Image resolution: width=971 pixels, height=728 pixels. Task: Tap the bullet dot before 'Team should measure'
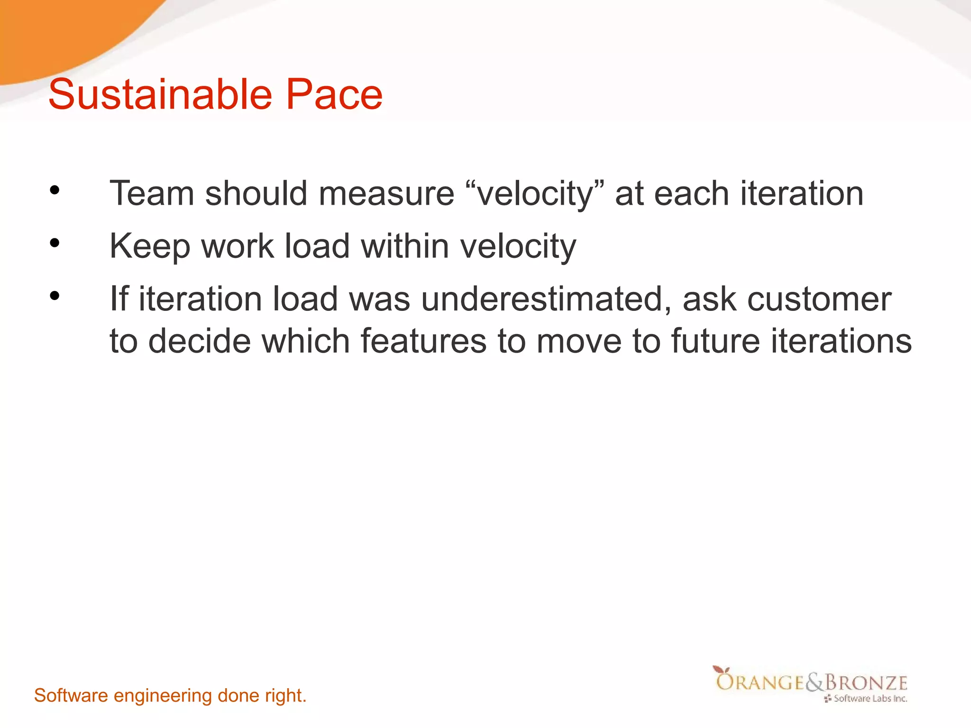55,191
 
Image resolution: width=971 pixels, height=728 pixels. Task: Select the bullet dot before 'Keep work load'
55,244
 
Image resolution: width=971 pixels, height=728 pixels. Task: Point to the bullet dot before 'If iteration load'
55,296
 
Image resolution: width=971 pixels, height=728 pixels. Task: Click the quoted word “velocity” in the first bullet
534,194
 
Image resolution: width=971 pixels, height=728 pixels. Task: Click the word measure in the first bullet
386,194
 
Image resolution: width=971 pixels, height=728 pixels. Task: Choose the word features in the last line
423,341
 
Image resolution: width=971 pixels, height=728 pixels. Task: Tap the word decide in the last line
199,341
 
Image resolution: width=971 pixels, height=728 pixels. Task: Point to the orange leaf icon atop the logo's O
721,670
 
